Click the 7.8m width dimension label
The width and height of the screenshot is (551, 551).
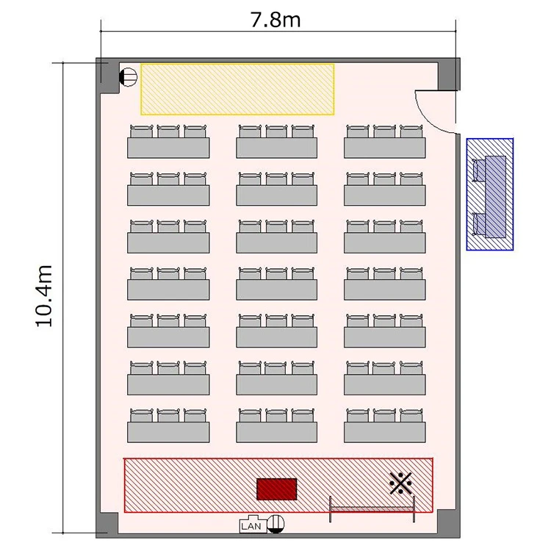[x=275, y=20]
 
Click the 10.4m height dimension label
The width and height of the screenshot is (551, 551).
[x=44, y=296]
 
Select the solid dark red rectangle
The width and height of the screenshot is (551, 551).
[x=276, y=489]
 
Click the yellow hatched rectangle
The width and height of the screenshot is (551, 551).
[x=237, y=89]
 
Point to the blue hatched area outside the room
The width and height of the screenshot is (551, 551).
[x=490, y=195]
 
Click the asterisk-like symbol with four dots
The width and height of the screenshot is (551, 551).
[x=400, y=483]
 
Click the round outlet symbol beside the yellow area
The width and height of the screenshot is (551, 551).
[x=128, y=76]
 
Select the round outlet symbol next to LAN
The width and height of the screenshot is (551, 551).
[x=275, y=524]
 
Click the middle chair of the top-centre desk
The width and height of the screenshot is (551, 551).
[x=276, y=131]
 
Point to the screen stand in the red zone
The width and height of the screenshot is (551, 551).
[x=372, y=509]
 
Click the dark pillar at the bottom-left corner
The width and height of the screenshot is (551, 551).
[x=107, y=525]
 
